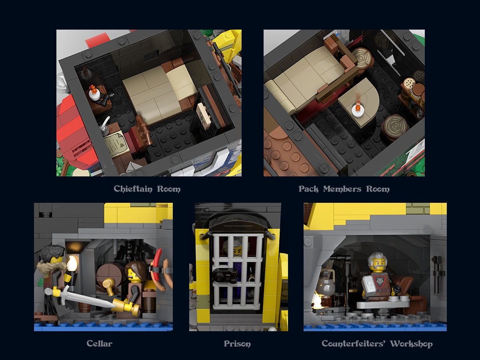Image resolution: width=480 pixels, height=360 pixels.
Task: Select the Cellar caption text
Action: tap(99, 343)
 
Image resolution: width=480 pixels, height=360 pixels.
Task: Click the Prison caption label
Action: tap(237, 343)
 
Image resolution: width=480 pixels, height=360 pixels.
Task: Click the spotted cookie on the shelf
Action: tap(409, 83)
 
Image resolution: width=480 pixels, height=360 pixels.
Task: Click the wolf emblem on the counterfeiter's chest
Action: tap(375, 280)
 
